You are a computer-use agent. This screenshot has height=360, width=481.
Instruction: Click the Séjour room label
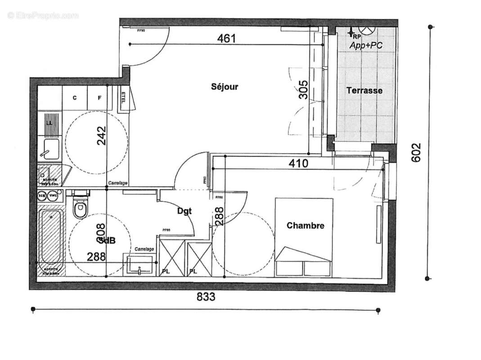(225, 87)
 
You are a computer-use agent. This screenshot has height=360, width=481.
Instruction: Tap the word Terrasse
(364, 90)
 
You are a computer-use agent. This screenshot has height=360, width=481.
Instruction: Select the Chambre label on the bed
(306, 225)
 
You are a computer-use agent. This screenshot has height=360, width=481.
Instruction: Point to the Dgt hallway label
(184, 210)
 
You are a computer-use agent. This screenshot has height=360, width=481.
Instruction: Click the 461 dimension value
(226, 38)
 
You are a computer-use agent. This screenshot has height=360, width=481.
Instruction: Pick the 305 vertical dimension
(303, 90)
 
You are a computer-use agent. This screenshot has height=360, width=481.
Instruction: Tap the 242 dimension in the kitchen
(101, 135)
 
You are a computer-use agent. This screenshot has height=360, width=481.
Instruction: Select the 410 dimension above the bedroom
(298, 163)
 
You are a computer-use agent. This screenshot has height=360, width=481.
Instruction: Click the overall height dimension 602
(416, 153)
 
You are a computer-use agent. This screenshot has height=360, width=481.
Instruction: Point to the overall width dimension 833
(206, 297)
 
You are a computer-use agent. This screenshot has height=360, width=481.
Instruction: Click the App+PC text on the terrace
(366, 45)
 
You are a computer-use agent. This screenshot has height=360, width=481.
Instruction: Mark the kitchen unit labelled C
(75, 98)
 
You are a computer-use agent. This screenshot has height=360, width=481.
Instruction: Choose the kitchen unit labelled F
(100, 98)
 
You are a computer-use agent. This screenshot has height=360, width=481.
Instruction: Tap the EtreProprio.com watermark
(43, 16)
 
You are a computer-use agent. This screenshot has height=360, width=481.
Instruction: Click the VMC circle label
(54, 195)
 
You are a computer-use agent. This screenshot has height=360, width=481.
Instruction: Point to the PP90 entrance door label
(141, 30)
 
